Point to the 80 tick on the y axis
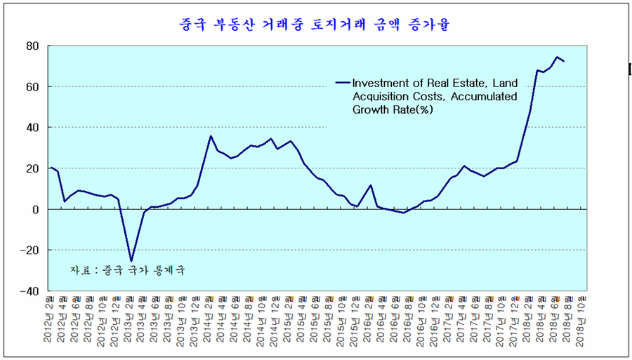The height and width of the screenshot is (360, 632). pos(32,46)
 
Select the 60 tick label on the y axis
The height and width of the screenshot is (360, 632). pos(32,87)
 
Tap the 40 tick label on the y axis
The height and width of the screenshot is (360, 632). pos(32,128)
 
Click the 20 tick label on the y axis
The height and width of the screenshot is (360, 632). pos(32,168)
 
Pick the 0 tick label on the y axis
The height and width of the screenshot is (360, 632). pos(35,209)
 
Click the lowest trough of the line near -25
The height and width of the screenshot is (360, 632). pos(131,261)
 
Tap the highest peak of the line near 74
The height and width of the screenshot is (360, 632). pos(557,58)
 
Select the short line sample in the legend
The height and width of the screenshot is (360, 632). pos(343,81)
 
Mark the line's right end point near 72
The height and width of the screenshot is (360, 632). pos(564,62)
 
